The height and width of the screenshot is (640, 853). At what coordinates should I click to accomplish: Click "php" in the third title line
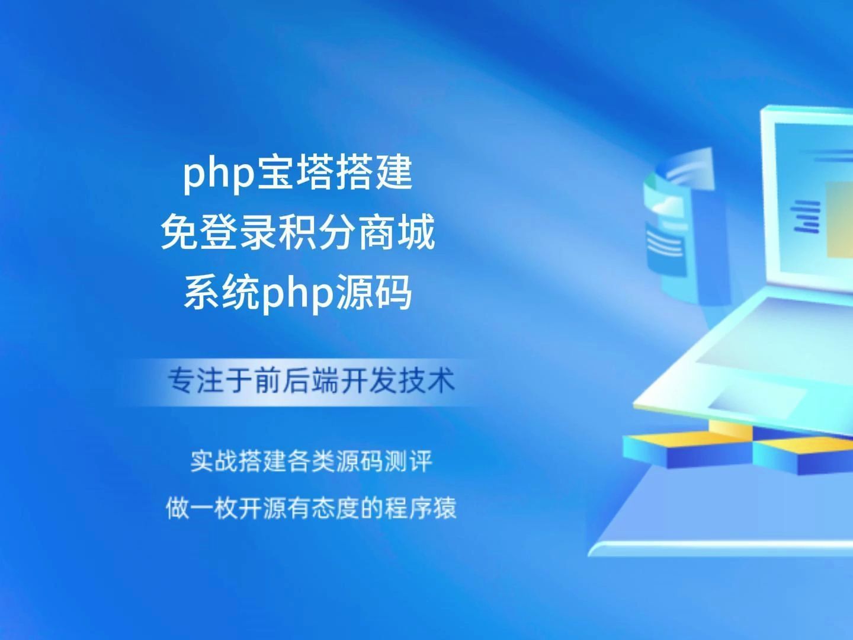coord(297,294)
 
